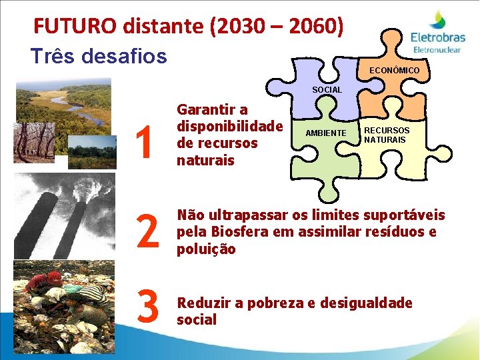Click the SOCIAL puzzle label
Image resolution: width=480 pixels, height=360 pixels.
[327, 89]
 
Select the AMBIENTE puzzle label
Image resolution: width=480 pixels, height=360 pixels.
[326, 133]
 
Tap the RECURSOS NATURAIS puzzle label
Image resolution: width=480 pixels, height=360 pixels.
[387, 134]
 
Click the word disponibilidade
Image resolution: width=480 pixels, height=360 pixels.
[230, 126]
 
